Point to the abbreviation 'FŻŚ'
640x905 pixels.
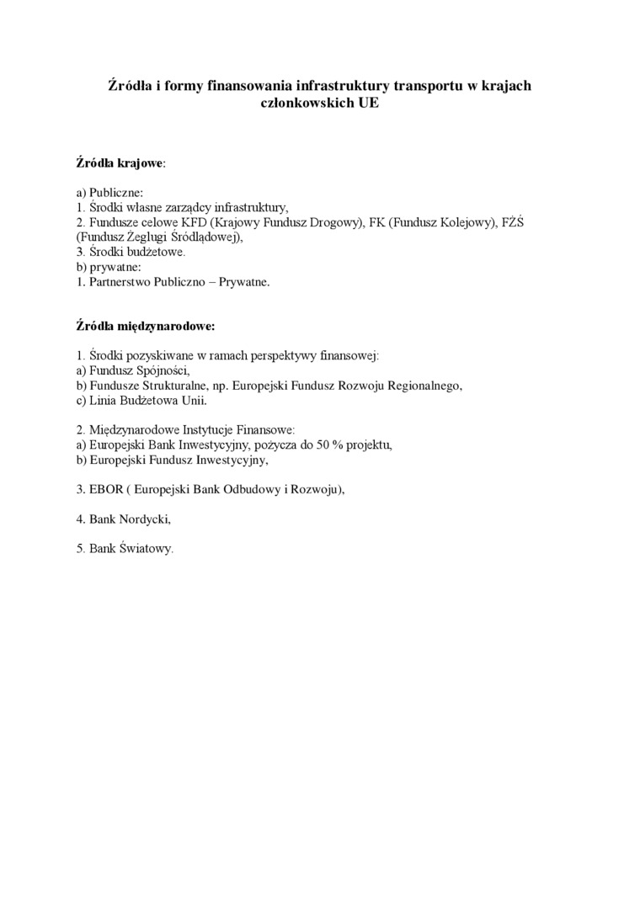[513, 221]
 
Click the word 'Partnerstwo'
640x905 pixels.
[120, 282]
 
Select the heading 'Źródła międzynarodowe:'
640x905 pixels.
[145, 324]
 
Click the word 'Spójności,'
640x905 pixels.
[166, 370]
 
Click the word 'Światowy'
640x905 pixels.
[144, 549]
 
